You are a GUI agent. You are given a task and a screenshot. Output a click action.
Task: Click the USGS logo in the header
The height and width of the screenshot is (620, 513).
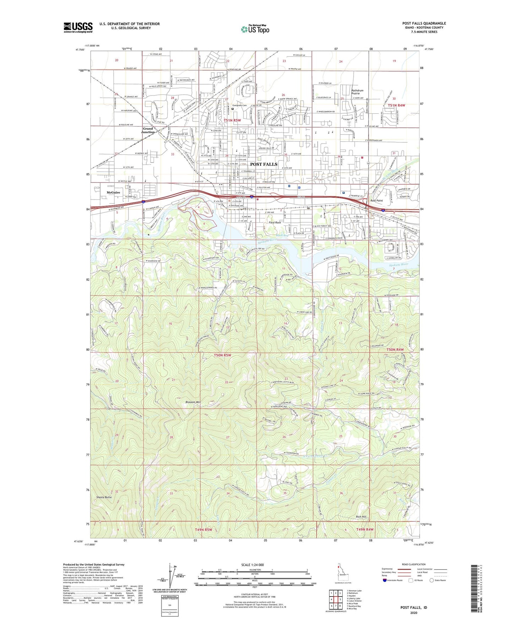pyautogui.click(x=78, y=27)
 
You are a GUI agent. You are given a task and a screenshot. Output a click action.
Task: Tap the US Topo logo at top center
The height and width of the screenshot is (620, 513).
pyautogui.click(x=255, y=29)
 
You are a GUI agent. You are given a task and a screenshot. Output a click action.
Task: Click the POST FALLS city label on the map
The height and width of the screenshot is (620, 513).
pyautogui.click(x=264, y=164)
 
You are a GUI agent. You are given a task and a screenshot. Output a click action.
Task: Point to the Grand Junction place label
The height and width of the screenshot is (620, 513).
pyautogui.click(x=148, y=130)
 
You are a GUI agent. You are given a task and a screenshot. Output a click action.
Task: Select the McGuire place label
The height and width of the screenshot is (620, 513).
pyautogui.click(x=113, y=192)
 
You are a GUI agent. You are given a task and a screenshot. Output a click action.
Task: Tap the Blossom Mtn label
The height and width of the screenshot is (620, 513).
pyautogui.click(x=193, y=402)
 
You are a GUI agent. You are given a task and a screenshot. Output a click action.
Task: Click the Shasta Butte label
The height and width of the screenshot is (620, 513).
pyautogui.click(x=104, y=497)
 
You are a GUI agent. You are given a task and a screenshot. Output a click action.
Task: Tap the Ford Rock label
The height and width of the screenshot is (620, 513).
pyautogui.click(x=274, y=223)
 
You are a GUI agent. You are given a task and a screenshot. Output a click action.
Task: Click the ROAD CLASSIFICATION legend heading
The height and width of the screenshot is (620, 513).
pyautogui.click(x=414, y=564)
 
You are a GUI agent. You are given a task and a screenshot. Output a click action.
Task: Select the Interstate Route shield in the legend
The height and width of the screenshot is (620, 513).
pyautogui.click(x=385, y=580)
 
